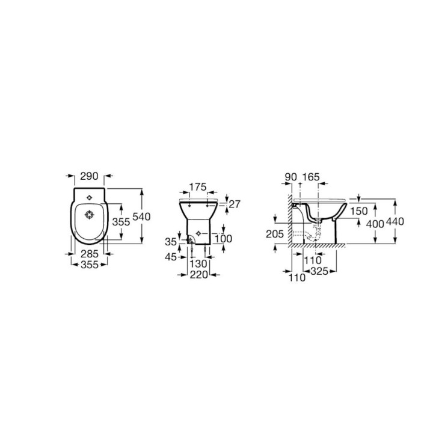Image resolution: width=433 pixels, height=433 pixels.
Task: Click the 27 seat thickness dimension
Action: [235, 204]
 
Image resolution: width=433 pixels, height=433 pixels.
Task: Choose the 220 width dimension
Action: [200, 274]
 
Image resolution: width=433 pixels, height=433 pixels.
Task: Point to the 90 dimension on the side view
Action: [290, 177]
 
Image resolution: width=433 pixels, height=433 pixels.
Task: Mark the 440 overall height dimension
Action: [395, 221]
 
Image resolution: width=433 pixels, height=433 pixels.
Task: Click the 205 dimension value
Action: [274, 233]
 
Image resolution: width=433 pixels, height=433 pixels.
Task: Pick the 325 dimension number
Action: [319, 272]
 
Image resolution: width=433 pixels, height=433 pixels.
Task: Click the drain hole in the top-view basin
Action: [88, 214]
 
